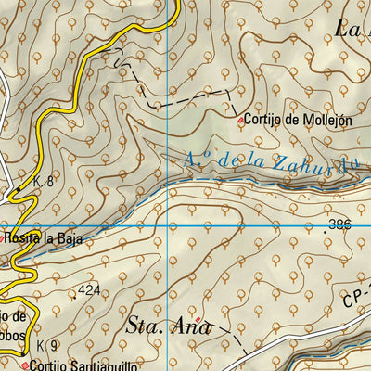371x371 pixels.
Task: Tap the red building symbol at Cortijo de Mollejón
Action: pos(241,121)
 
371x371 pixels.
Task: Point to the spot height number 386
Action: pos(341,225)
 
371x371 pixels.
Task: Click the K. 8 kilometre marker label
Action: pos(43,182)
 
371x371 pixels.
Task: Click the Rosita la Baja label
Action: pos(44,239)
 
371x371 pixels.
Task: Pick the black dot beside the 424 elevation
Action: pos(75,297)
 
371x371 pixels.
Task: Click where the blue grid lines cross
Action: pos(168,225)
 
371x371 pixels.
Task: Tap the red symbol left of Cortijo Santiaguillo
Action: pos(24,365)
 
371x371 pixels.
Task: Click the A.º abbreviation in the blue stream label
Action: pos(197,160)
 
